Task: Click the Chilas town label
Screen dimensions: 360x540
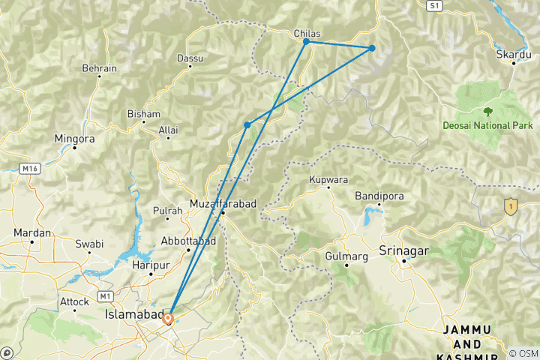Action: (307, 33)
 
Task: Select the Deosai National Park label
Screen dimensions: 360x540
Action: (487, 125)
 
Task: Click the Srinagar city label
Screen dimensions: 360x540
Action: (405, 249)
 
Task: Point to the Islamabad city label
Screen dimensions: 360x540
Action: (133, 317)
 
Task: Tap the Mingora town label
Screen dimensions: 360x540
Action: (75, 139)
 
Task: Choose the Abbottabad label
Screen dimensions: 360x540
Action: (189, 241)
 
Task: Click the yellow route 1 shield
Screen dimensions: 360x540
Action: (511, 205)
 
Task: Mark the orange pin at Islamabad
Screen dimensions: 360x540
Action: (169, 318)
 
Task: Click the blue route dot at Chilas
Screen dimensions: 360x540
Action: (306, 42)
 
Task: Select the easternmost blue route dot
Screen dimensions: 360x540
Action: (371, 48)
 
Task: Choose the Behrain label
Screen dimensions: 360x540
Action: (100, 68)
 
